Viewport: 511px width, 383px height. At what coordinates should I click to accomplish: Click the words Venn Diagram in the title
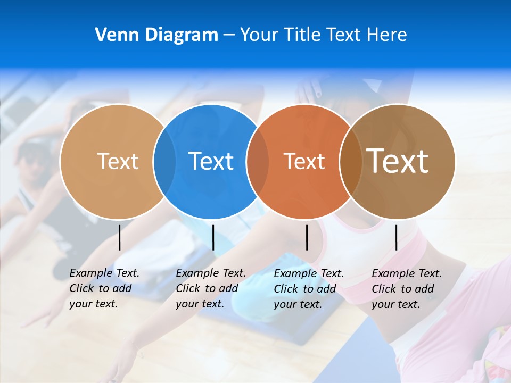(x=156, y=35)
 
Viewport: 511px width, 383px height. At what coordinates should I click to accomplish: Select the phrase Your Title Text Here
(x=323, y=35)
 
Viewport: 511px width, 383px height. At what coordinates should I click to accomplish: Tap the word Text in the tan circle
(x=118, y=161)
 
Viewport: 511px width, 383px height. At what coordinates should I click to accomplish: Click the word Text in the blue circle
(x=211, y=161)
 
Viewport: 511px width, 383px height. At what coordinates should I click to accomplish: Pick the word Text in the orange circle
(x=304, y=161)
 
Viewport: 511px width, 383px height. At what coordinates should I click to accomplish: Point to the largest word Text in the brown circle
(x=397, y=161)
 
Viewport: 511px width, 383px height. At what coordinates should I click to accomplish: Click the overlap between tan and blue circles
(x=164, y=162)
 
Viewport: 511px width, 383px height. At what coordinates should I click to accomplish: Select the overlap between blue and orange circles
(x=258, y=162)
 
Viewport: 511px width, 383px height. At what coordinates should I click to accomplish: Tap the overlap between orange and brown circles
(x=350, y=162)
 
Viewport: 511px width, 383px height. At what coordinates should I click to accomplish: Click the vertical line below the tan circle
(x=120, y=237)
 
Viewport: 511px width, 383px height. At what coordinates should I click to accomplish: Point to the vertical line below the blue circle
(x=213, y=237)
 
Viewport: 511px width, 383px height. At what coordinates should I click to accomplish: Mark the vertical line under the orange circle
(x=307, y=237)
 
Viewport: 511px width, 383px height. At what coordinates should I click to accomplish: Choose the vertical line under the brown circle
(x=396, y=237)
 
